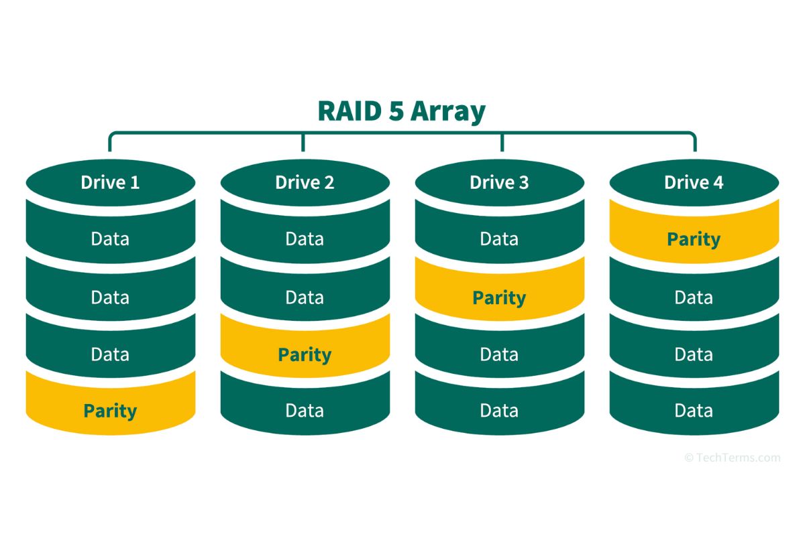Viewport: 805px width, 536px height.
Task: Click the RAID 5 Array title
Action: click(401, 112)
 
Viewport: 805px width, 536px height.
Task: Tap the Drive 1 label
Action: click(110, 182)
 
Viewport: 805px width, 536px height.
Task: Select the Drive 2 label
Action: click(305, 182)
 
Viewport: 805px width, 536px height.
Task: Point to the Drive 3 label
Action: click(499, 182)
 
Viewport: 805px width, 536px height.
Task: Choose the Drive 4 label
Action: click(694, 182)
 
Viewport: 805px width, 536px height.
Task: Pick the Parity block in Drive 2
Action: click(305, 346)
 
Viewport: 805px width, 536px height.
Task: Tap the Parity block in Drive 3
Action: click(500, 289)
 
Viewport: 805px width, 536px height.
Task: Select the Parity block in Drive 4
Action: click(694, 231)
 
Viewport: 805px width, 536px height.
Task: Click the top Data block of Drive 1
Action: click(110, 231)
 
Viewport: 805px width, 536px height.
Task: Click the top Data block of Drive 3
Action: click(500, 231)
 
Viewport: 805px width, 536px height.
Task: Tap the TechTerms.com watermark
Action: click(733, 458)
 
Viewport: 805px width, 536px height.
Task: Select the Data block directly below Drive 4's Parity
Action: click(694, 289)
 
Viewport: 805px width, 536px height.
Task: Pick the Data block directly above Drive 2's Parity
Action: click(305, 289)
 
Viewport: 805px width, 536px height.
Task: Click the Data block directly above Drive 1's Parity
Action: click(110, 346)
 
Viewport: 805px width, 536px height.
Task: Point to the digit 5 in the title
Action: click(396, 111)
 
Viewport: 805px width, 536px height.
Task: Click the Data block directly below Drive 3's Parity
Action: click(500, 346)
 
